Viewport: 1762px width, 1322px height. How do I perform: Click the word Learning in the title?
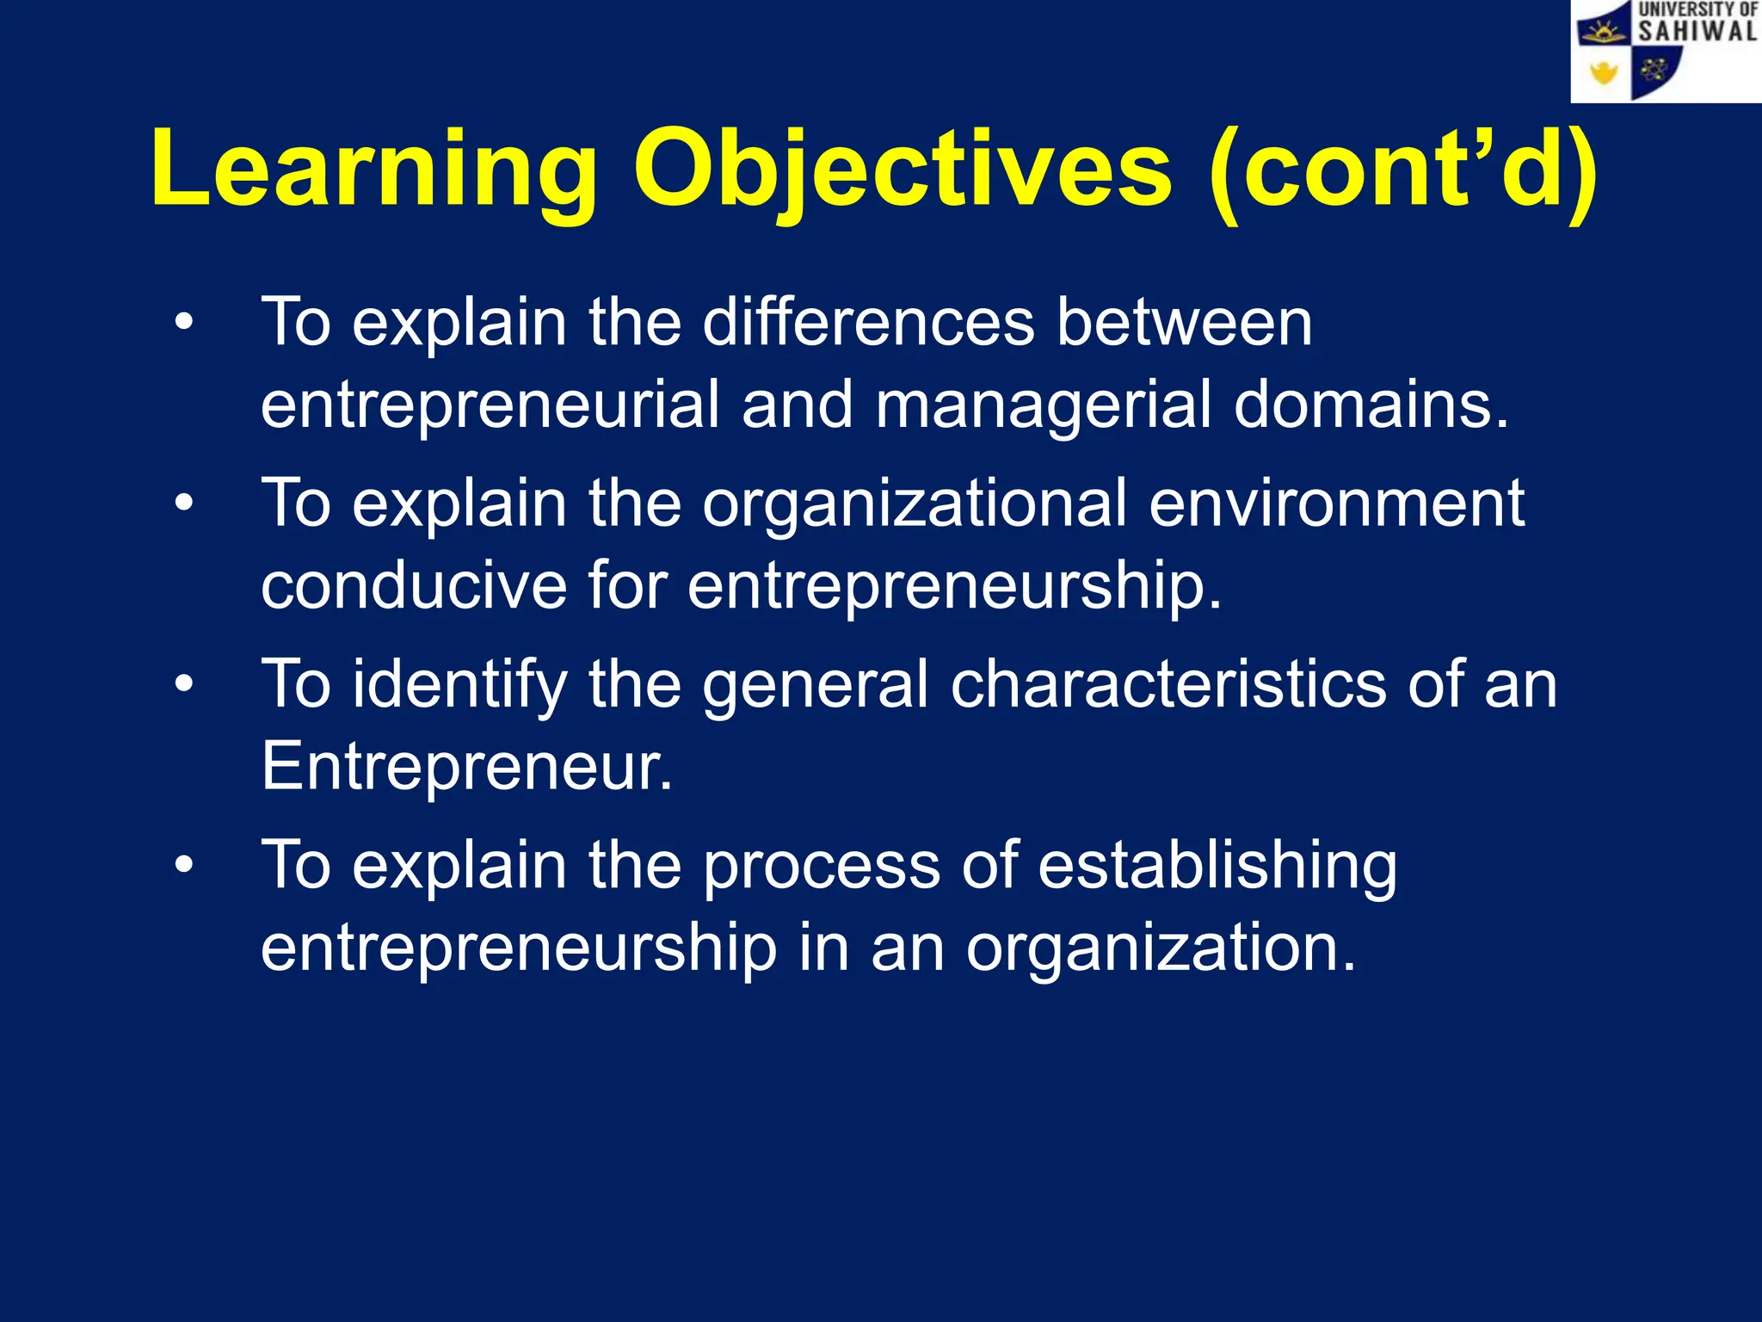374,170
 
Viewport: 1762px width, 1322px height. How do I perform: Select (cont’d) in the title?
1402,170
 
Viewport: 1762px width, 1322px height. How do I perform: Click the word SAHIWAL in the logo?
1697,32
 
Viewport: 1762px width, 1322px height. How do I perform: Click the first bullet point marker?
184,324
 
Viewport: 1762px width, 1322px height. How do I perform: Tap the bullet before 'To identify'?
184,685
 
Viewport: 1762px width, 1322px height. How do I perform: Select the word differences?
869,323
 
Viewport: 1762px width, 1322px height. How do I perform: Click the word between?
1184,323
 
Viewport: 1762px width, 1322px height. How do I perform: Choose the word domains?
1371,405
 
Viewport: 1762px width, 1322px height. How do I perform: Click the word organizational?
915,505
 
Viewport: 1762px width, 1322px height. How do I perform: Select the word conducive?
414,585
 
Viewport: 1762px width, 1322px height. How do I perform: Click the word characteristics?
1167,684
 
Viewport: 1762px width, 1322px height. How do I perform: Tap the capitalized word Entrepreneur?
465,766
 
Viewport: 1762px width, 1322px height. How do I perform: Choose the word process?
822,868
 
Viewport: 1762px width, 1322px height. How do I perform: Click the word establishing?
1217,867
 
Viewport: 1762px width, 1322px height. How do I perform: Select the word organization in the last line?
1160,948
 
